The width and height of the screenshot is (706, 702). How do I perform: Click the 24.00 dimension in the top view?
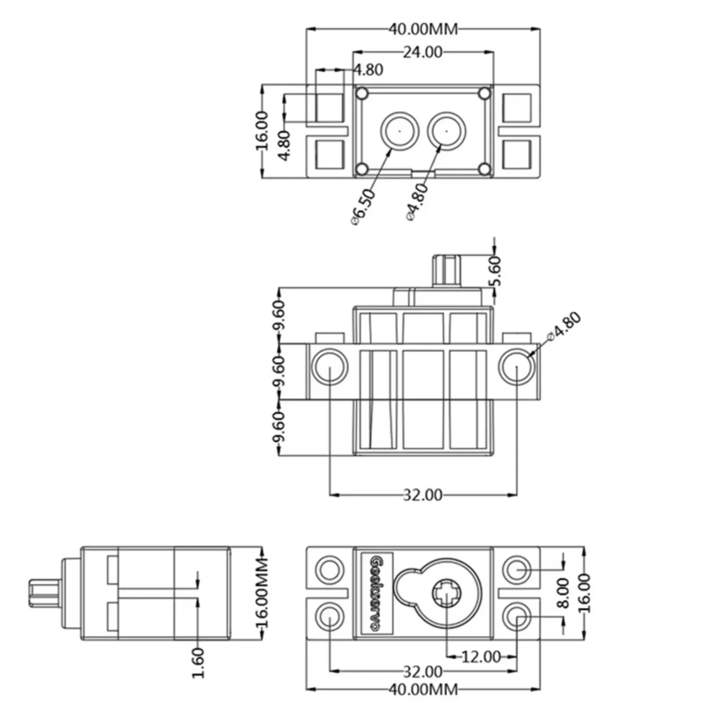click(422, 52)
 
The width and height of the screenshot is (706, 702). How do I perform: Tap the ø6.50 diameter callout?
click(364, 206)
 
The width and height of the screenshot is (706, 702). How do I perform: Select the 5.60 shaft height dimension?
click(496, 271)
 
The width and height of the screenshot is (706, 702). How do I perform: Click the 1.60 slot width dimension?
click(198, 663)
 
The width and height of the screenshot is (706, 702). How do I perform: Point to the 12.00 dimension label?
click(481, 657)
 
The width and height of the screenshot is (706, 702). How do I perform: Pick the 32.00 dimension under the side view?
click(422, 495)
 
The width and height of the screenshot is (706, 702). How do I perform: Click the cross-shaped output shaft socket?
click(446, 594)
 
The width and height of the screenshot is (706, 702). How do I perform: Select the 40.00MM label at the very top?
click(423, 29)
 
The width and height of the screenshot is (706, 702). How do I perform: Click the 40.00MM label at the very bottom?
click(423, 689)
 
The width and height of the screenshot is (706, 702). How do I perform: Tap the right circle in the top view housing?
click(447, 131)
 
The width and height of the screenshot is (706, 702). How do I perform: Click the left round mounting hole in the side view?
click(330, 366)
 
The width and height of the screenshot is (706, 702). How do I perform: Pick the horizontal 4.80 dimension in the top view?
click(368, 70)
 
